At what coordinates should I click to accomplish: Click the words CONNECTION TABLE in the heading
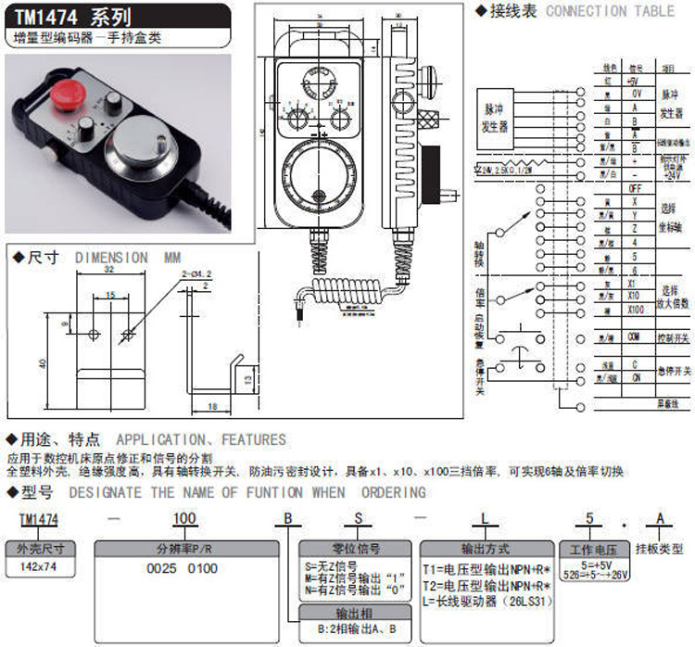click(x=611, y=11)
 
